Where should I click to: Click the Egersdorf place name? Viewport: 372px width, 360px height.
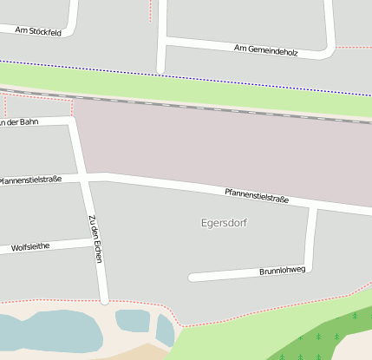pos(224,223)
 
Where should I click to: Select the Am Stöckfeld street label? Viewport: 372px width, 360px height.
pos(38,31)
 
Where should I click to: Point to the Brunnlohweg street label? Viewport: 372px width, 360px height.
pos(283,271)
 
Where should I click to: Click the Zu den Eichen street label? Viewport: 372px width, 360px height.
pos(96,239)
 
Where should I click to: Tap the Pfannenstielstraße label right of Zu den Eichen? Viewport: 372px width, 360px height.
pos(256,196)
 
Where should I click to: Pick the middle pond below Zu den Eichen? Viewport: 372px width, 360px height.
pos(132,320)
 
